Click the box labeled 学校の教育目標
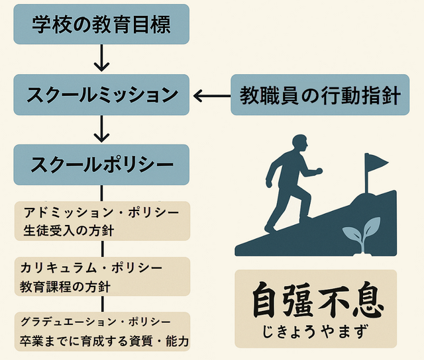click(101, 25)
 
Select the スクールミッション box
click(101, 95)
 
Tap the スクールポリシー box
click(101, 163)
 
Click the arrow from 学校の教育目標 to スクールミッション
click(101, 59)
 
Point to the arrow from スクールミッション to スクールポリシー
click(101, 128)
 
